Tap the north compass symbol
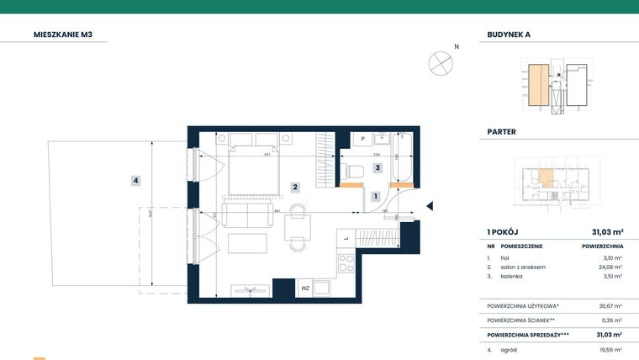(x=440, y=62)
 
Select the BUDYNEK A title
(x=509, y=35)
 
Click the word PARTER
(x=502, y=132)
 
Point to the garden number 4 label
(x=135, y=180)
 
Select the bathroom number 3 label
(x=378, y=168)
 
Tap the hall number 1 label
(x=375, y=196)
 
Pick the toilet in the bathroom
(x=353, y=172)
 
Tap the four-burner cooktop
(x=346, y=263)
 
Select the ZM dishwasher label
(x=304, y=289)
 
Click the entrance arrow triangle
(x=430, y=206)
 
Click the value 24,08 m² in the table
(x=610, y=267)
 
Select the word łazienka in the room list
(x=514, y=276)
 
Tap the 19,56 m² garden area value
(x=610, y=349)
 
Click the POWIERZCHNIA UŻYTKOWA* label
(x=524, y=306)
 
